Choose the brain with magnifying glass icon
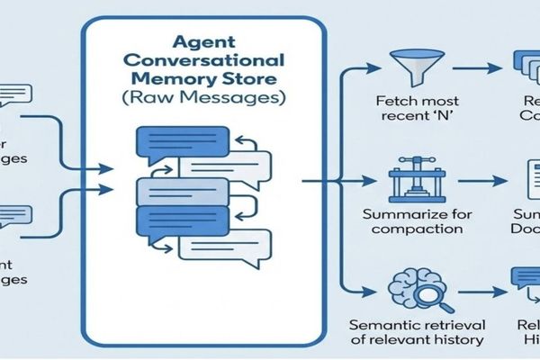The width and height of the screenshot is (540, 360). point(409,290)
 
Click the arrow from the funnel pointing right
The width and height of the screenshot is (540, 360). point(474,68)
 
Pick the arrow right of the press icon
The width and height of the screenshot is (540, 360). point(474,182)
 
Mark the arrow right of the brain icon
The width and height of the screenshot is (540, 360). point(474,290)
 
